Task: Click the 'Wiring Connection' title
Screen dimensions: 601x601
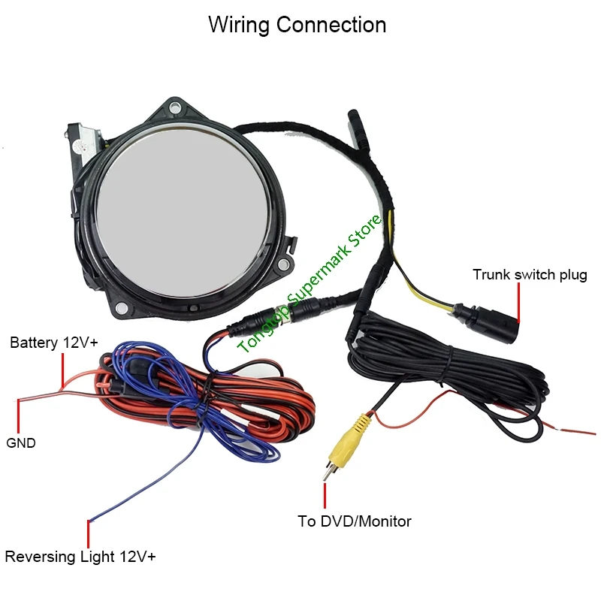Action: coord(297,26)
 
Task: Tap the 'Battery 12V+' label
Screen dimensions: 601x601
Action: coord(54,343)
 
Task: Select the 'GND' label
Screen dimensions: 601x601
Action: coord(21,442)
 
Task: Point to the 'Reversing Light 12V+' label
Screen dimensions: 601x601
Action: coord(80,557)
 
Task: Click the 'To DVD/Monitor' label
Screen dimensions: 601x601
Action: coord(354,521)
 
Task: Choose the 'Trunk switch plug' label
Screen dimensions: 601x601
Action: coord(530,275)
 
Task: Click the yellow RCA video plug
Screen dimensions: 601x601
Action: coord(344,445)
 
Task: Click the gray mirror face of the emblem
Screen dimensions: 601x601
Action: coord(182,213)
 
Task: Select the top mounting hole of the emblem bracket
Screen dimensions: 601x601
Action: coord(175,107)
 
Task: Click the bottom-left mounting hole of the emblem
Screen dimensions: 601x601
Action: coord(121,307)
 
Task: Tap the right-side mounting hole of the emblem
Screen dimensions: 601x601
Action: coord(283,264)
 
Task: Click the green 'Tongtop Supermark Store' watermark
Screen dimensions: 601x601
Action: coord(309,284)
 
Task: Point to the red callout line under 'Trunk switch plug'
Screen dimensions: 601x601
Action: coord(518,303)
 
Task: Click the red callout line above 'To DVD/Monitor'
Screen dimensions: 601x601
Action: coord(325,496)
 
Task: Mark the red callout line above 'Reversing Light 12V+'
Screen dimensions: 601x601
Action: coord(88,534)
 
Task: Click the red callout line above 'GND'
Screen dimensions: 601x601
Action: coord(18,416)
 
